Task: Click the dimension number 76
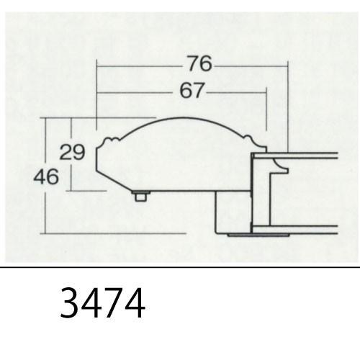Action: [199, 64]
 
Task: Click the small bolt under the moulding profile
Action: [141, 196]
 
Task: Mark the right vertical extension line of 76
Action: [288, 108]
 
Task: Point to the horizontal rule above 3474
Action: [180, 267]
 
